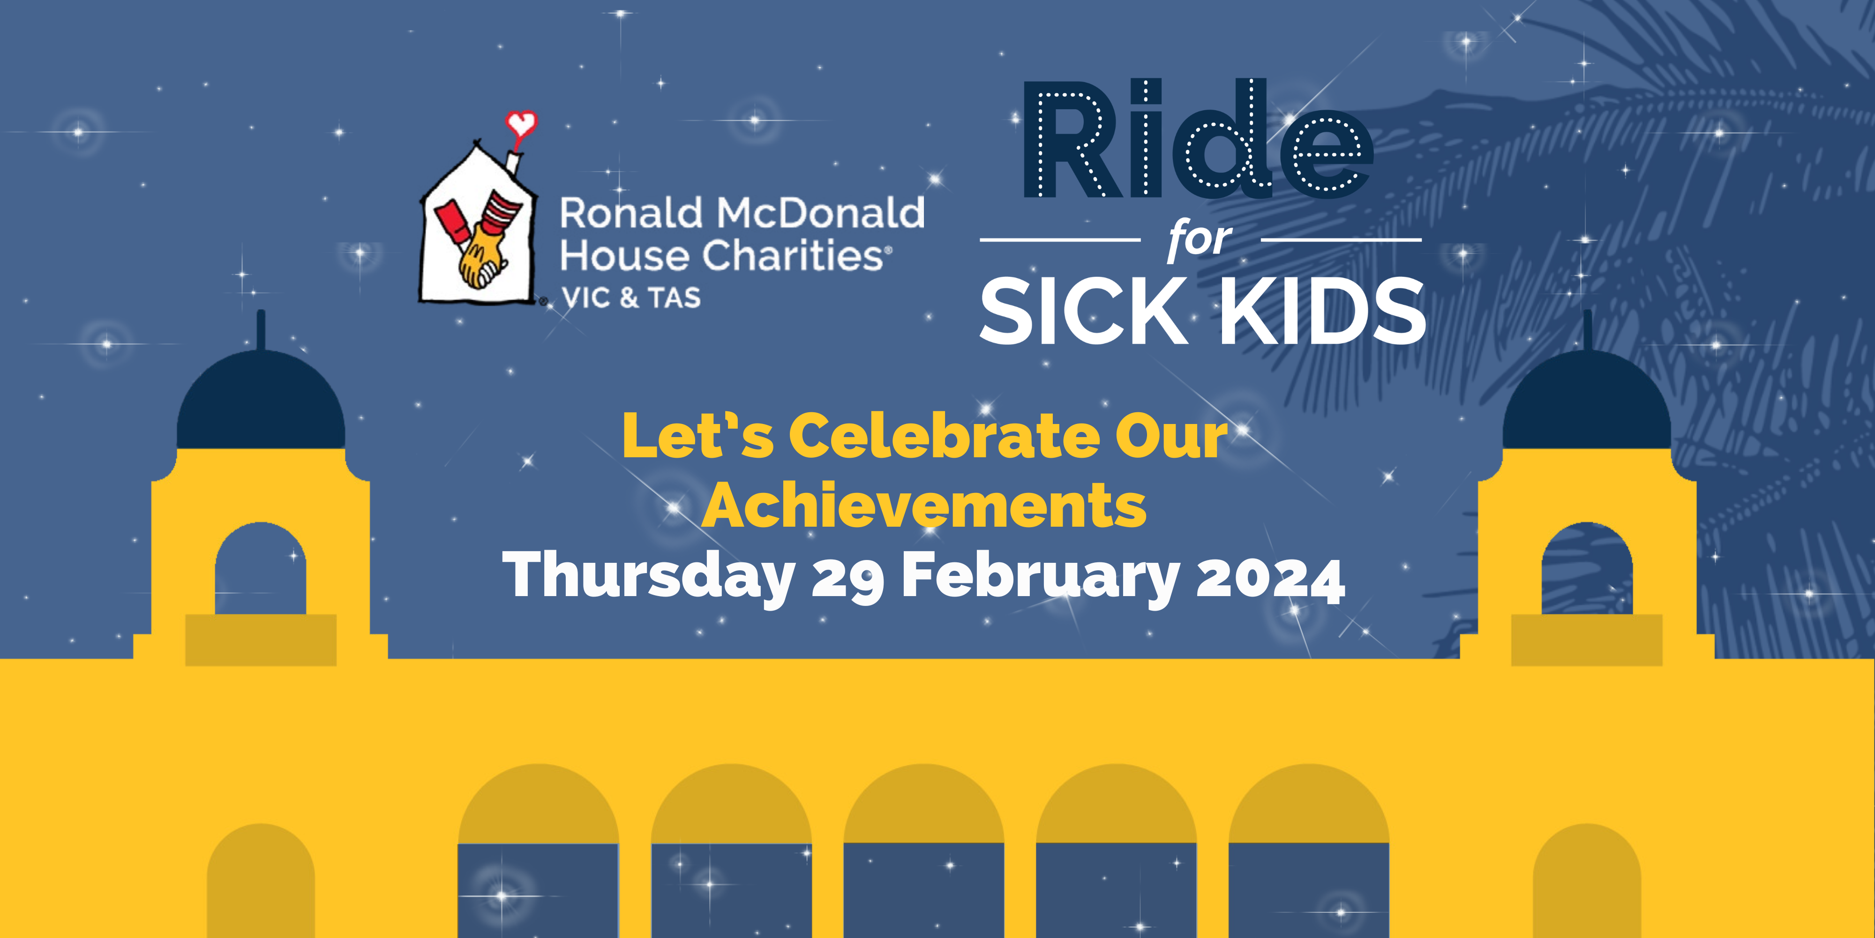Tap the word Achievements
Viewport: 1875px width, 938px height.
[924, 506]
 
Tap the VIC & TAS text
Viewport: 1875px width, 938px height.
[631, 298]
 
